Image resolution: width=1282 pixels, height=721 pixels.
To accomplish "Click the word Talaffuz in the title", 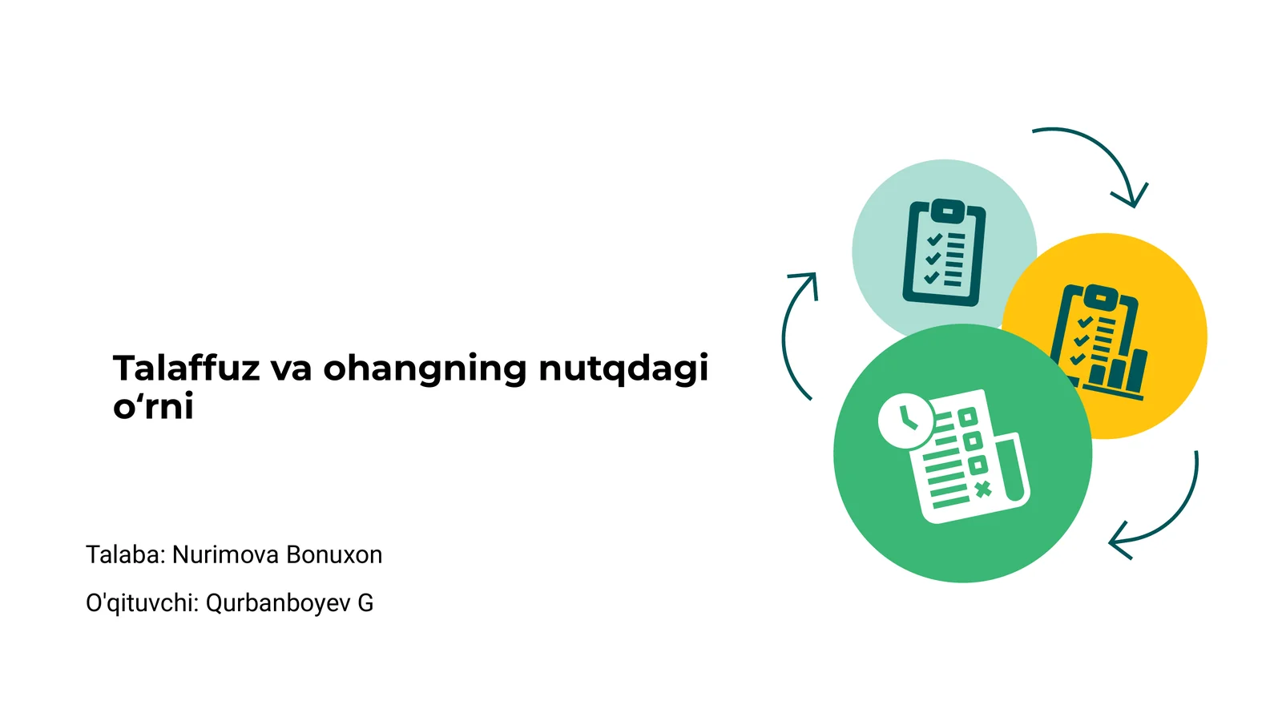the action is pos(186,368).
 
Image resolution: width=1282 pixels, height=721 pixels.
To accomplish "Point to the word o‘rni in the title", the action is pos(153,406).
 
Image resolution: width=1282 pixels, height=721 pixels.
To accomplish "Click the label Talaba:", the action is pos(126,554).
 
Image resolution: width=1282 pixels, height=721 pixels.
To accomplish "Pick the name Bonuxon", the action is pos(334,554).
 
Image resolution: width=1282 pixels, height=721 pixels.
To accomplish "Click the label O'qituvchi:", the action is pos(143,603).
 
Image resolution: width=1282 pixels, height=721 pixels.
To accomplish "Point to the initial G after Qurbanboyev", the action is pos(365,603).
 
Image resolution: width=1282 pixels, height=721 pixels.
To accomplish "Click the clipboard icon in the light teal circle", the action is pos(944,252).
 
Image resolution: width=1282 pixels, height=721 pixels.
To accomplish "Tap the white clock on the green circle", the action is pos(905,421).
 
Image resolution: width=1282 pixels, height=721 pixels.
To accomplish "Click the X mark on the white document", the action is pos(982,489).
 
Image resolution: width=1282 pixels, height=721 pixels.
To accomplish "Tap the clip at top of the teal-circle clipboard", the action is pos(947,211).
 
